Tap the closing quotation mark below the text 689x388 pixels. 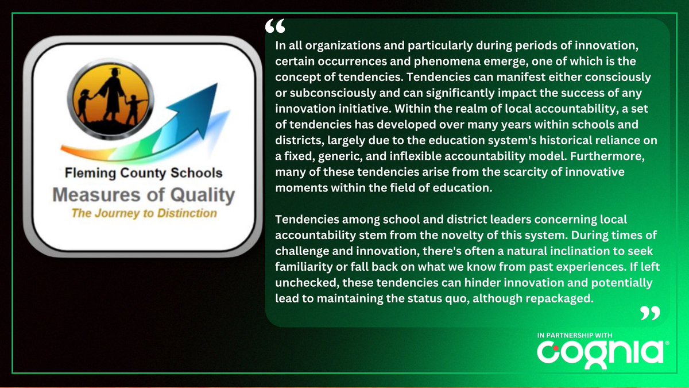[650, 313]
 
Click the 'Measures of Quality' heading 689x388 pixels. [144, 194]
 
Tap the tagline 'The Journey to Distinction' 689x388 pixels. [144, 214]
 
